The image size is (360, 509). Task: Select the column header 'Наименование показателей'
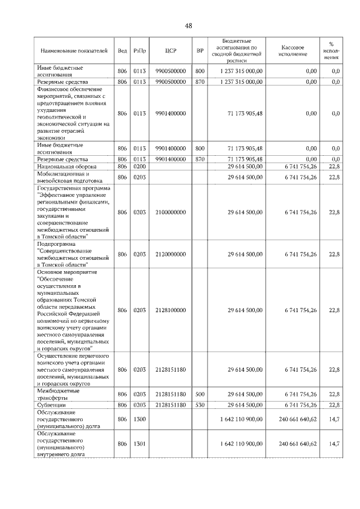pyautogui.click(x=73, y=51)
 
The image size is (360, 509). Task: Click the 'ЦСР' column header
pyautogui.click(x=171, y=51)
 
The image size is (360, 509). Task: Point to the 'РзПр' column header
pyautogui.click(x=140, y=51)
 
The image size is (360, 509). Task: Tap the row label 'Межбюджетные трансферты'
pyautogui.click(x=58, y=394)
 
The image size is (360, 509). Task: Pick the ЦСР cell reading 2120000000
pyautogui.click(x=171, y=254)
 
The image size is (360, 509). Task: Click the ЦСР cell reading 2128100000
pyautogui.click(x=171, y=310)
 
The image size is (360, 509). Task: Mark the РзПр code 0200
pyautogui.click(x=140, y=167)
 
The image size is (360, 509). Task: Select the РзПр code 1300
pyautogui.click(x=140, y=420)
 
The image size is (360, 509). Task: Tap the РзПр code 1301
pyautogui.click(x=140, y=444)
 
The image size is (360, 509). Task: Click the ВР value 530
pyautogui.click(x=200, y=405)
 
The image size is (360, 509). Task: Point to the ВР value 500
pyautogui.click(x=200, y=394)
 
